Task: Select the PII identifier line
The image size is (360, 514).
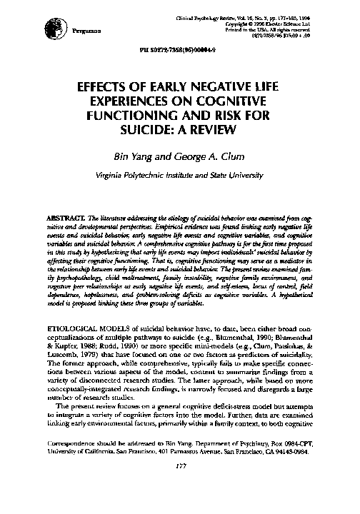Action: click(x=179, y=53)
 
